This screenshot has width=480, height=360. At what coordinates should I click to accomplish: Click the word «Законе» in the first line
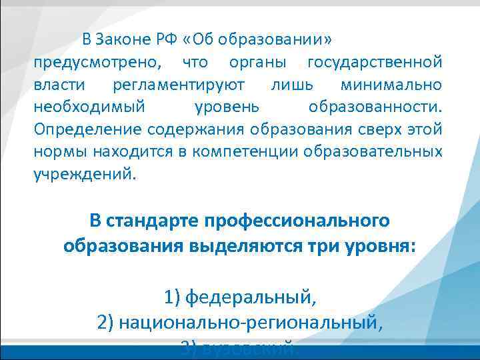[122, 39]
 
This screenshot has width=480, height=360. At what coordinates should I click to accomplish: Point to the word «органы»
[257, 63]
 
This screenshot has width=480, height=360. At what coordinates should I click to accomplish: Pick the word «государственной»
[374, 63]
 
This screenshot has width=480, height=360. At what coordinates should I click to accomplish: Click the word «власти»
[59, 85]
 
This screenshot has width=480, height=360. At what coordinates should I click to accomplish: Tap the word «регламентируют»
[179, 85]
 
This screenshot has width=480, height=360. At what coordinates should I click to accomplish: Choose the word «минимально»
[391, 85]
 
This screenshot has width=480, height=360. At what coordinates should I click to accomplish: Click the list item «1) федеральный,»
[240, 295]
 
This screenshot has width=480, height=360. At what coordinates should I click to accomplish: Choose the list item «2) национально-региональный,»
[240, 323]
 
